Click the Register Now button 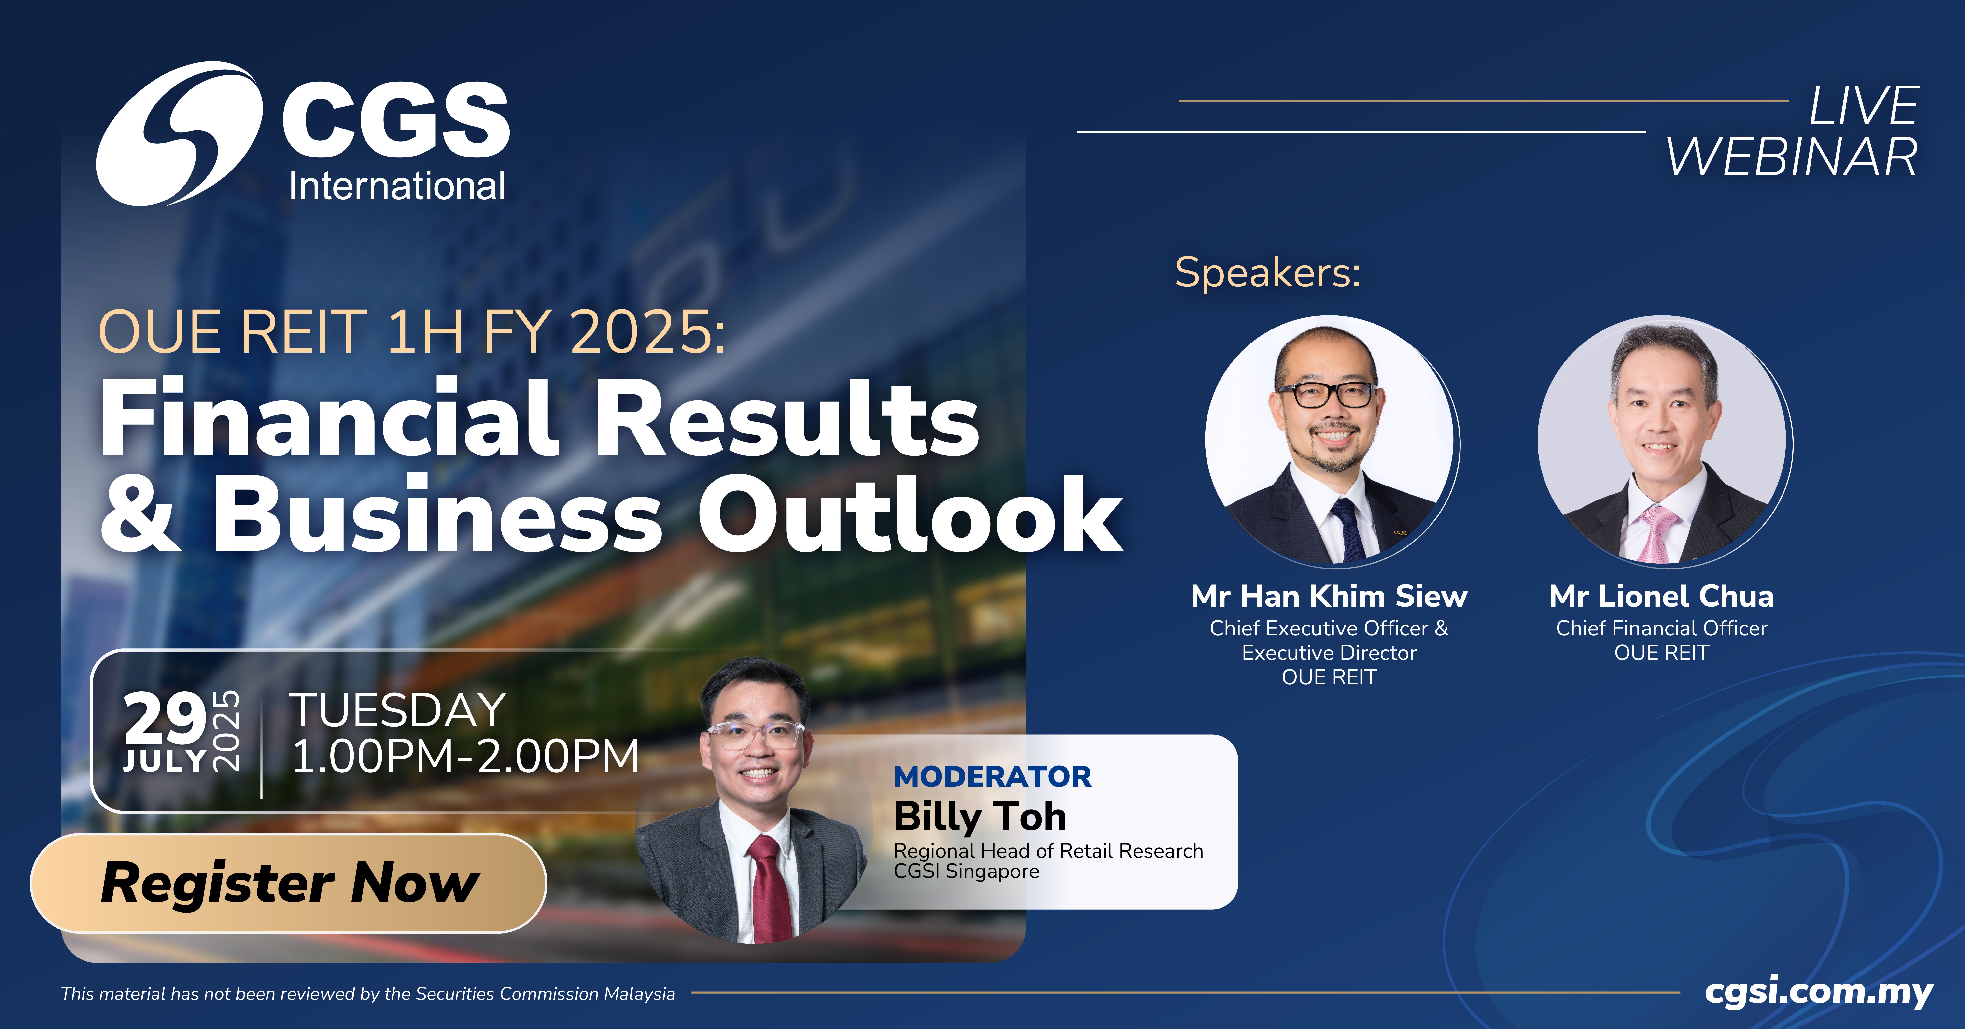[x=288, y=883]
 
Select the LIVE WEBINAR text [x=1793, y=131]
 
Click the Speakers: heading [x=1268, y=272]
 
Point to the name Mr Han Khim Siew [x=1329, y=596]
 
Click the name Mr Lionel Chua [x=1661, y=596]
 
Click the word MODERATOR [x=992, y=776]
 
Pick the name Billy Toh [x=980, y=817]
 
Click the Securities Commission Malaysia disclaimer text [x=368, y=993]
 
